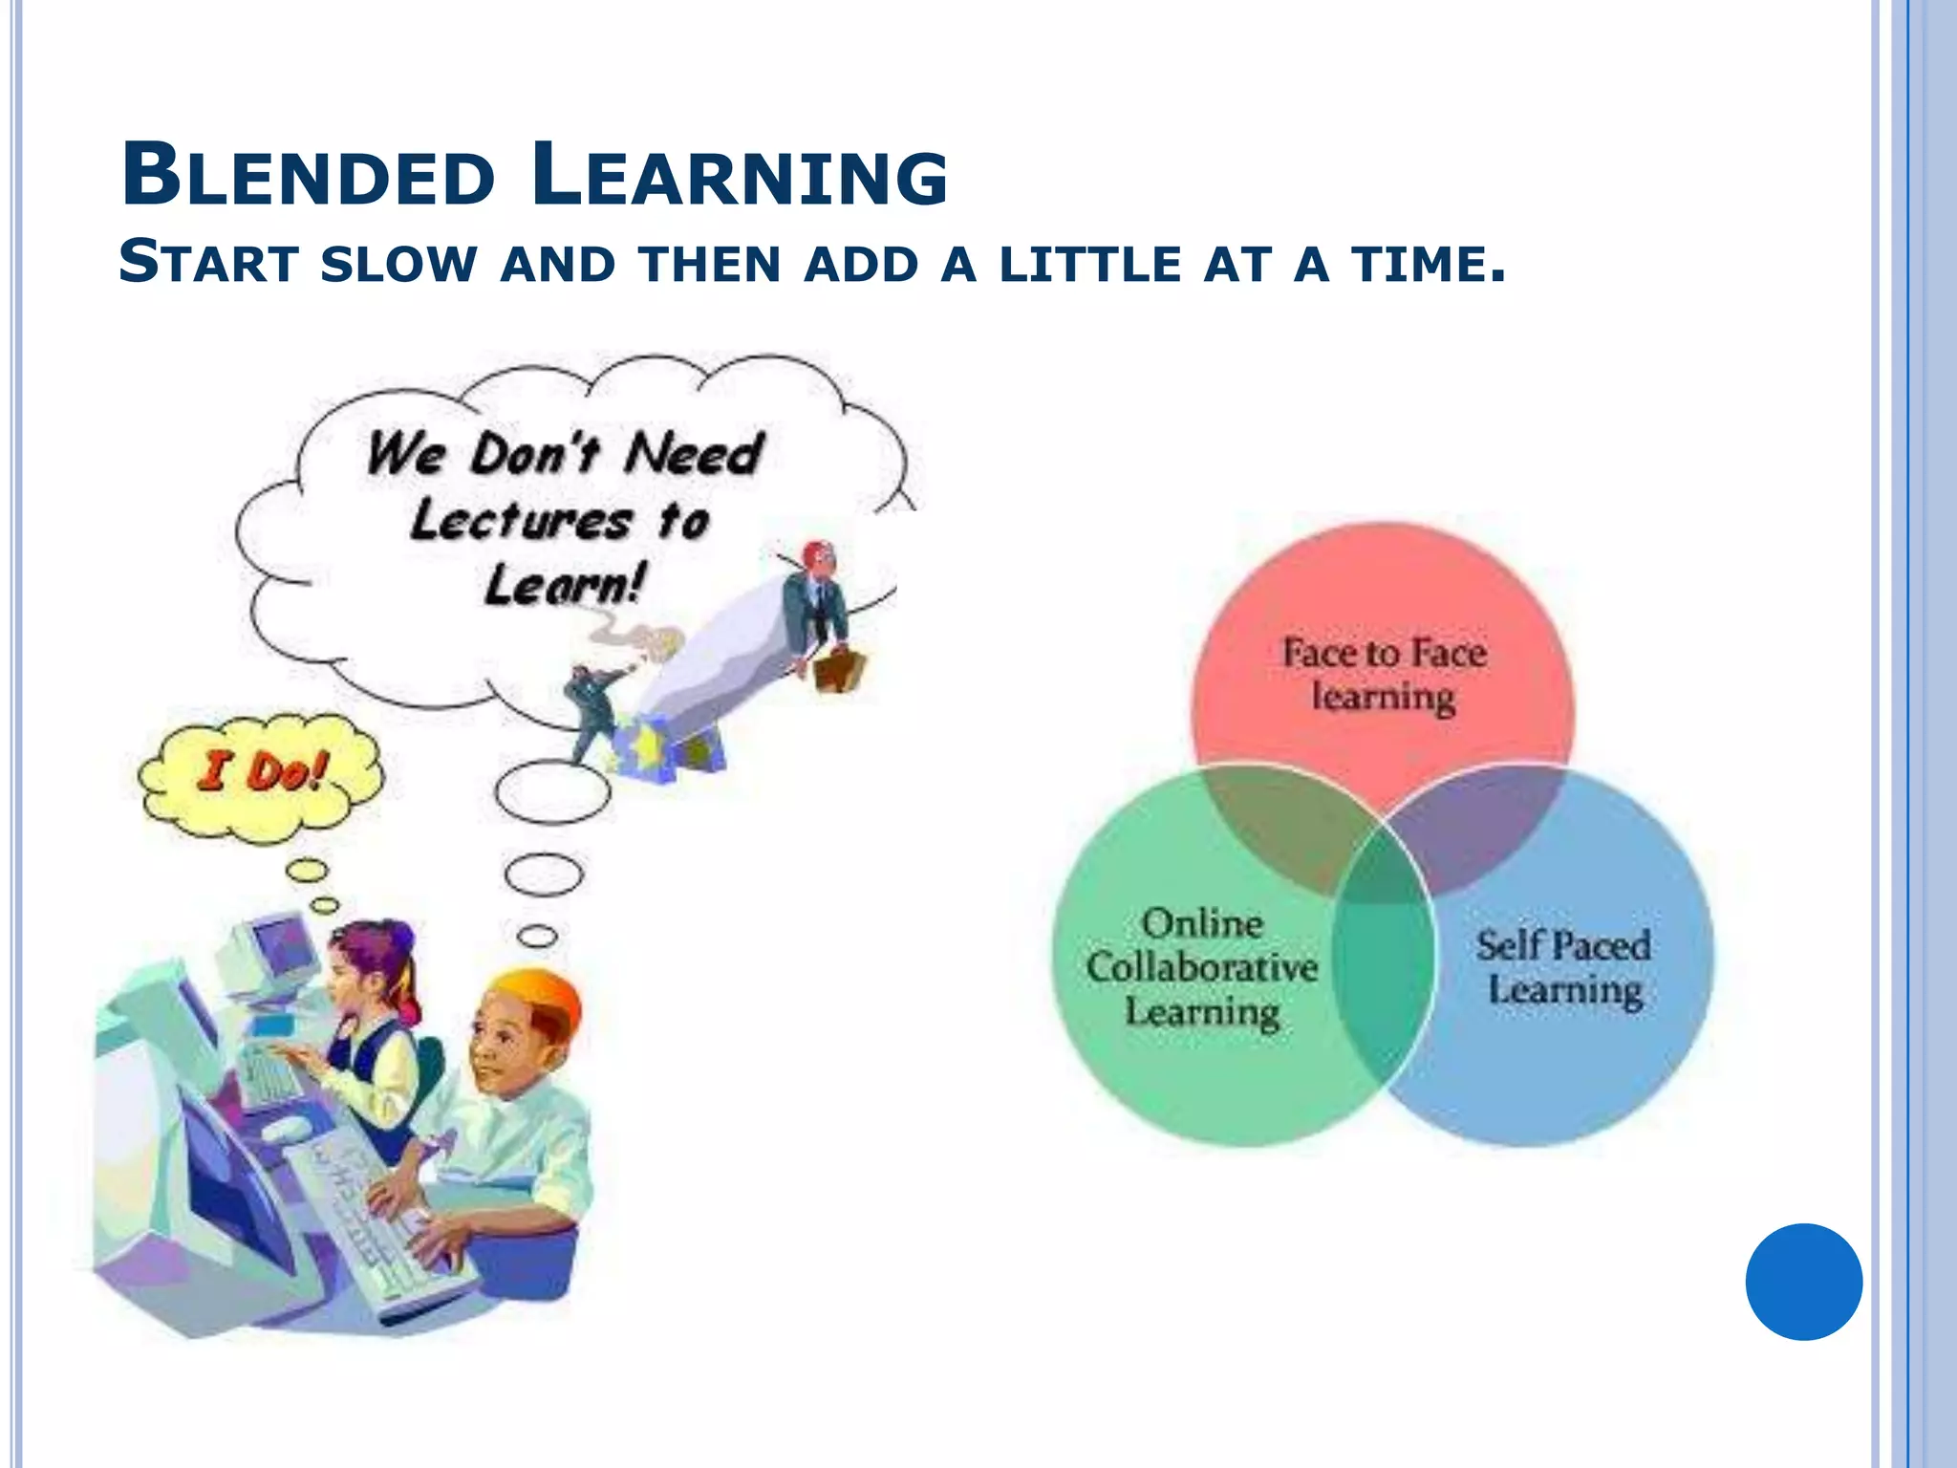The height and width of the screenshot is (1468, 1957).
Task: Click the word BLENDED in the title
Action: [x=308, y=176]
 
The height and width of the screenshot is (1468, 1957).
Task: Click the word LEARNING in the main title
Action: [x=740, y=176]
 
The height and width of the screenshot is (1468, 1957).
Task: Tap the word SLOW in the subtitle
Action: [x=398, y=264]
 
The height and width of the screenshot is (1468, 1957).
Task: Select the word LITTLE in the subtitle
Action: [x=1089, y=264]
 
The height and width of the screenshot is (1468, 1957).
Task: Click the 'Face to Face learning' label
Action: [x=1383, y=674]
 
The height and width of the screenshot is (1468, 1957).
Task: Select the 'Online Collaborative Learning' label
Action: [x=1201, y=967]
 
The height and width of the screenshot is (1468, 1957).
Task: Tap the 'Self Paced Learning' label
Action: [x=1564, y=967]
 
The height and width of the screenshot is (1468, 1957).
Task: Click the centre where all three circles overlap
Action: [x=1383, y=865]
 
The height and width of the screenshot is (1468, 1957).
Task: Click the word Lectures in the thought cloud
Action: [x=521, y=521]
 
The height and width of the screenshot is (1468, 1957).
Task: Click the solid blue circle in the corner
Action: [x=1803, y=1282]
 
